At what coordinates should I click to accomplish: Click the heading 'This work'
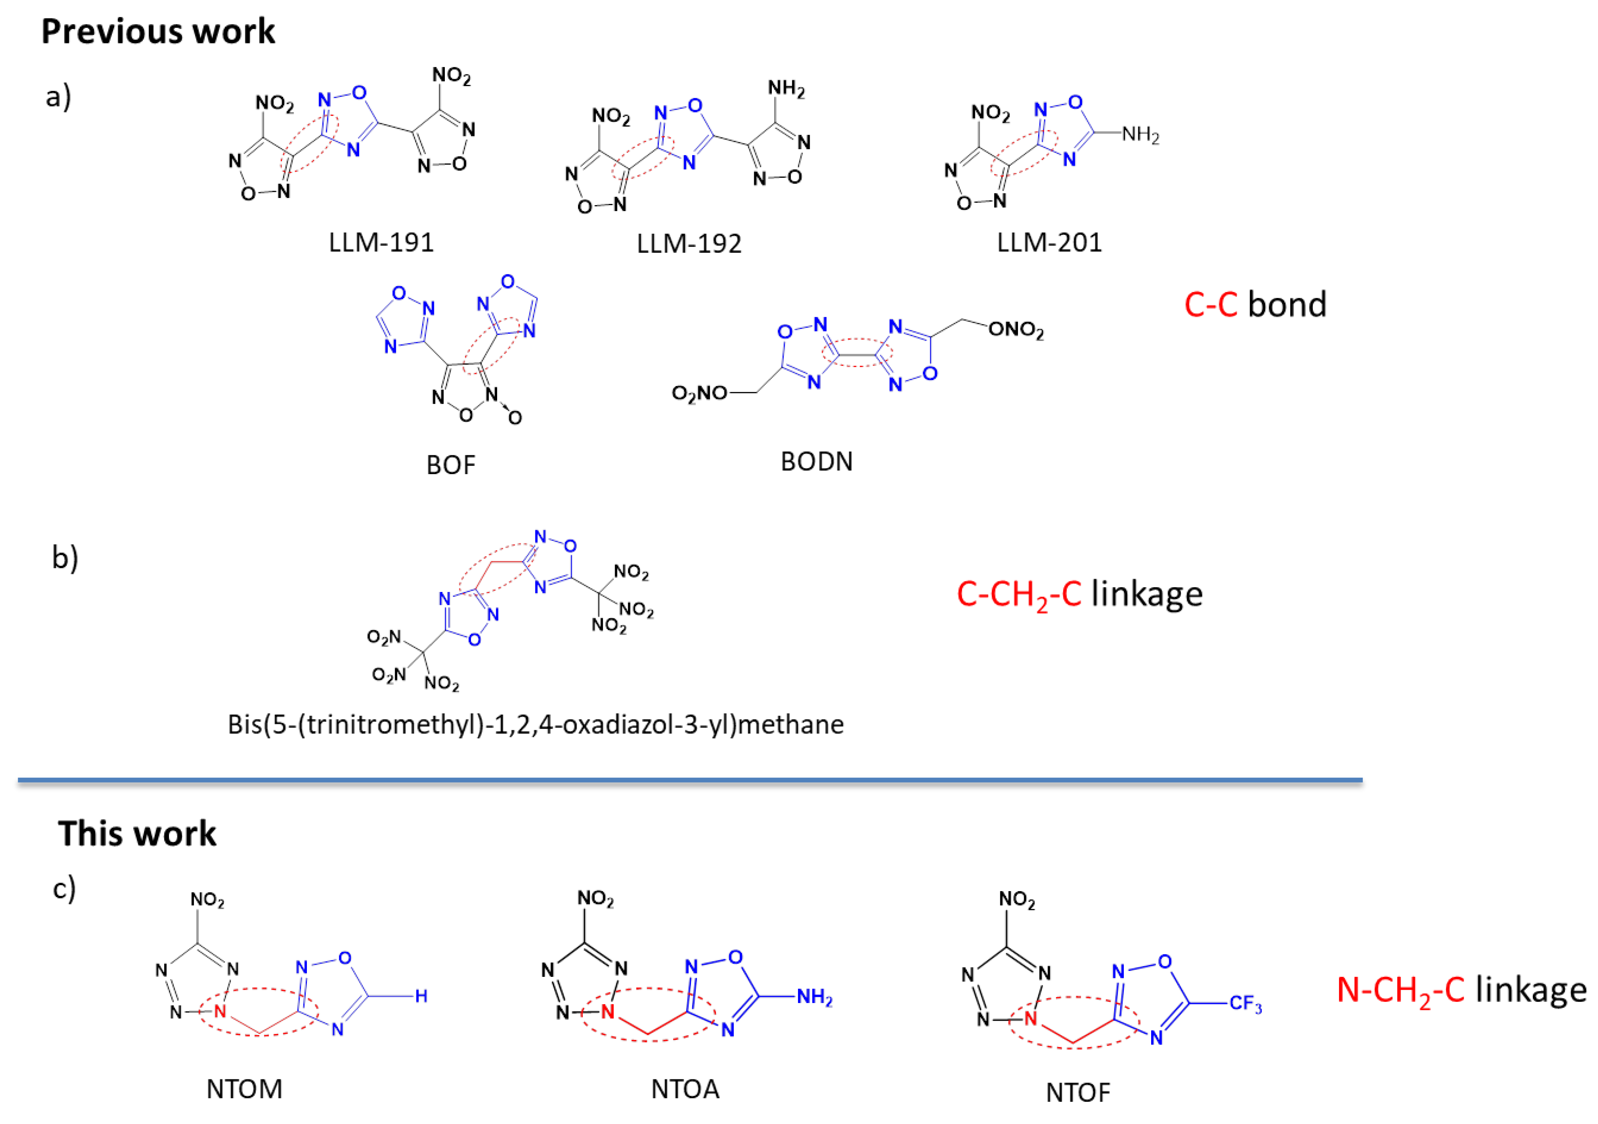pyautogui.click(x=137, y=834)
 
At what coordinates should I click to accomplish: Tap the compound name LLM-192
pyautogui.click(x=689, y=244)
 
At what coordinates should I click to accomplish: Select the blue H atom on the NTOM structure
pyautogui.click(x=421, y=996)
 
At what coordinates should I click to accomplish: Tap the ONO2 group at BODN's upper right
pyautogui.click(x=1016, y=329)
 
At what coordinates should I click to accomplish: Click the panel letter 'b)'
pyautogui.click(x=65, y=557)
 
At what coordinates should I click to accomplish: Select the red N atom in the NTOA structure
pyautogui.click(x=608, y=1011)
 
